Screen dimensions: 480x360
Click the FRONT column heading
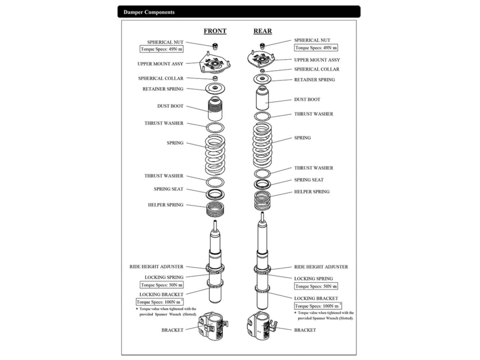pos(215,31)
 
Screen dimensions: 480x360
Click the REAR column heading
pos(262,31)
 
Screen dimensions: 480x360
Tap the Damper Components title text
pos(149,12)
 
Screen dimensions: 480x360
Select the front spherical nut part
pos(215,46)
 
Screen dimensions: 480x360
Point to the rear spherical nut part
pos(262,46)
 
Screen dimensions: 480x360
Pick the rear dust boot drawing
pos(262,98)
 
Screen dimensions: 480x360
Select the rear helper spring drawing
pos(262,200)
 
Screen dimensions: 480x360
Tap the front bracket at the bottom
pos(212,326)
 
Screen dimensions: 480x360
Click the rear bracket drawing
pos(261,325)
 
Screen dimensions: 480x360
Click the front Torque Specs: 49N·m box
pos(161,49)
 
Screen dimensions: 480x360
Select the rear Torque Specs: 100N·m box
pos(318,306)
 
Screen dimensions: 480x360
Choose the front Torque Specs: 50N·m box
pos(162,285)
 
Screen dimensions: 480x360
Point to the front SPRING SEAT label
pos(169,189)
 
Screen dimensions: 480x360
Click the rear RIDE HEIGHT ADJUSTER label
pos(321,267)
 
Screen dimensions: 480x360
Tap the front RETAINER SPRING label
pos(163,89)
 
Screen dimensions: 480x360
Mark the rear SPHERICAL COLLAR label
pos(317,69)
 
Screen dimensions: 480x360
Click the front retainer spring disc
pos(215,88)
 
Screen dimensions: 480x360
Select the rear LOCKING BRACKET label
pos(316,298)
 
